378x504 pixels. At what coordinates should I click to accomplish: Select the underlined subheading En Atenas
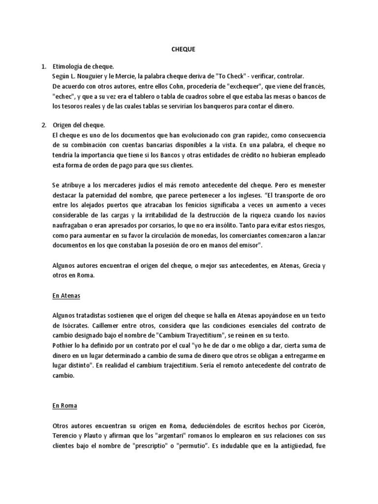pos(66,296)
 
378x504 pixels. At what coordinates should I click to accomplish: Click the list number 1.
pos(44,66)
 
